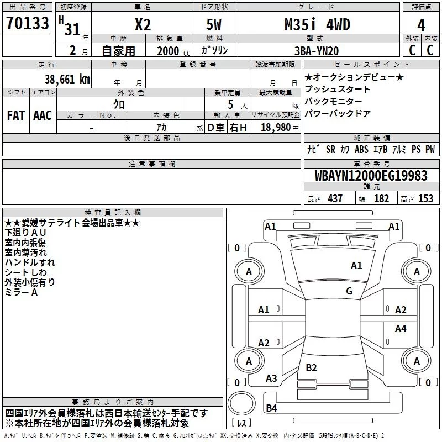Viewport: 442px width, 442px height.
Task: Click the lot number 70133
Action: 28,24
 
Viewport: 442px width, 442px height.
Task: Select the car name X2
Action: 143,25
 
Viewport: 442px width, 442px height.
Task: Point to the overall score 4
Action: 421,25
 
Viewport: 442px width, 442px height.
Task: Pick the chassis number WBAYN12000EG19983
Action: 371,176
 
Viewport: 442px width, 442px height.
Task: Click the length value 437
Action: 335,199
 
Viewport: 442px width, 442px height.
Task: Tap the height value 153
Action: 425,199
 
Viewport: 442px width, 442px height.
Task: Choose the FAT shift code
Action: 15,115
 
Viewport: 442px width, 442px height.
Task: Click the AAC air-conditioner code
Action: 43,115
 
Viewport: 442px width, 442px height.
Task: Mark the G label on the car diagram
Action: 349,291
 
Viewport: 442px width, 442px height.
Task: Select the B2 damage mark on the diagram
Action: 311,367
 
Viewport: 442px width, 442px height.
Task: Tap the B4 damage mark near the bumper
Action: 271,408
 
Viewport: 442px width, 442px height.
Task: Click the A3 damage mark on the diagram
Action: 271,378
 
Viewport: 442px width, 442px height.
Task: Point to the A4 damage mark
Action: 401,329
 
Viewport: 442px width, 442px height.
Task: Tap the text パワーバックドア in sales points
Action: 338,113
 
